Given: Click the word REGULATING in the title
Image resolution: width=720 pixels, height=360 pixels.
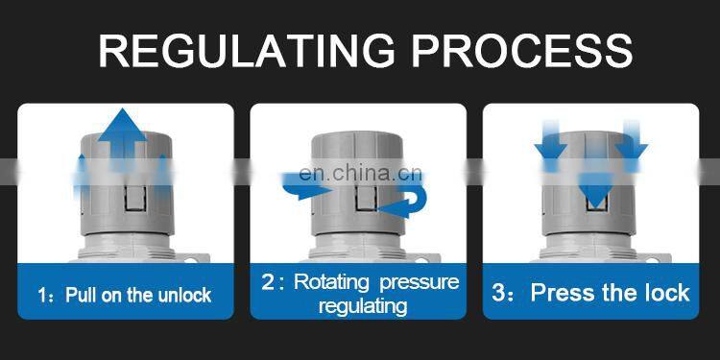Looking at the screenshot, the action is (x=247, y=51).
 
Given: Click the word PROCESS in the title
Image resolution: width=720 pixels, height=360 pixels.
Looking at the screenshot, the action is (x=522, y=51).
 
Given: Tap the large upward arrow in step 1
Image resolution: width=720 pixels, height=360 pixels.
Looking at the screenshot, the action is (x=122, y=137).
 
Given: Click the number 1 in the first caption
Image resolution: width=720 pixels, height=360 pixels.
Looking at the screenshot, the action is (x=42, y=296).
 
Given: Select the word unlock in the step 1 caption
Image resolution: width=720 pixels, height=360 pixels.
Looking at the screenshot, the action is (x=184, y=295).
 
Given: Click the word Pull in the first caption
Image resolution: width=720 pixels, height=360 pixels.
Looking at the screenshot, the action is (x=82, y=295).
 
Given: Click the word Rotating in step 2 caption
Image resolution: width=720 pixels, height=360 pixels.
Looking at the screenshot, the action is (x=331, y=281).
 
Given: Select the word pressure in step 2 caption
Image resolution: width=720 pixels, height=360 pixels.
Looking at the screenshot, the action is (x=420, y=282).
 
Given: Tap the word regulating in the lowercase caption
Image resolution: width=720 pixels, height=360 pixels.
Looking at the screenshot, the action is (x=363, y=306).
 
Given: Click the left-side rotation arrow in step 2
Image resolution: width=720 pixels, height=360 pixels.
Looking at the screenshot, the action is (x=304, y=186).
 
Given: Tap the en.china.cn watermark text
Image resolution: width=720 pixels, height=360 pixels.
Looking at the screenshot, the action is (x=360, y=174).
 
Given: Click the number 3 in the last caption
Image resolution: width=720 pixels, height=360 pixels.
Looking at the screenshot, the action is (x=498, y=293).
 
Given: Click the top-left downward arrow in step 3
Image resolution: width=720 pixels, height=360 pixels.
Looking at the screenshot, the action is (x=551, y=142).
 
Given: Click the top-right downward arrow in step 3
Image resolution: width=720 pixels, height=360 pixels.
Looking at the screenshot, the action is (x=632, y=142).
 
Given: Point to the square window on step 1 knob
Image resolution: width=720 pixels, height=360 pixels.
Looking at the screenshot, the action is (x=135, y=198).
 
